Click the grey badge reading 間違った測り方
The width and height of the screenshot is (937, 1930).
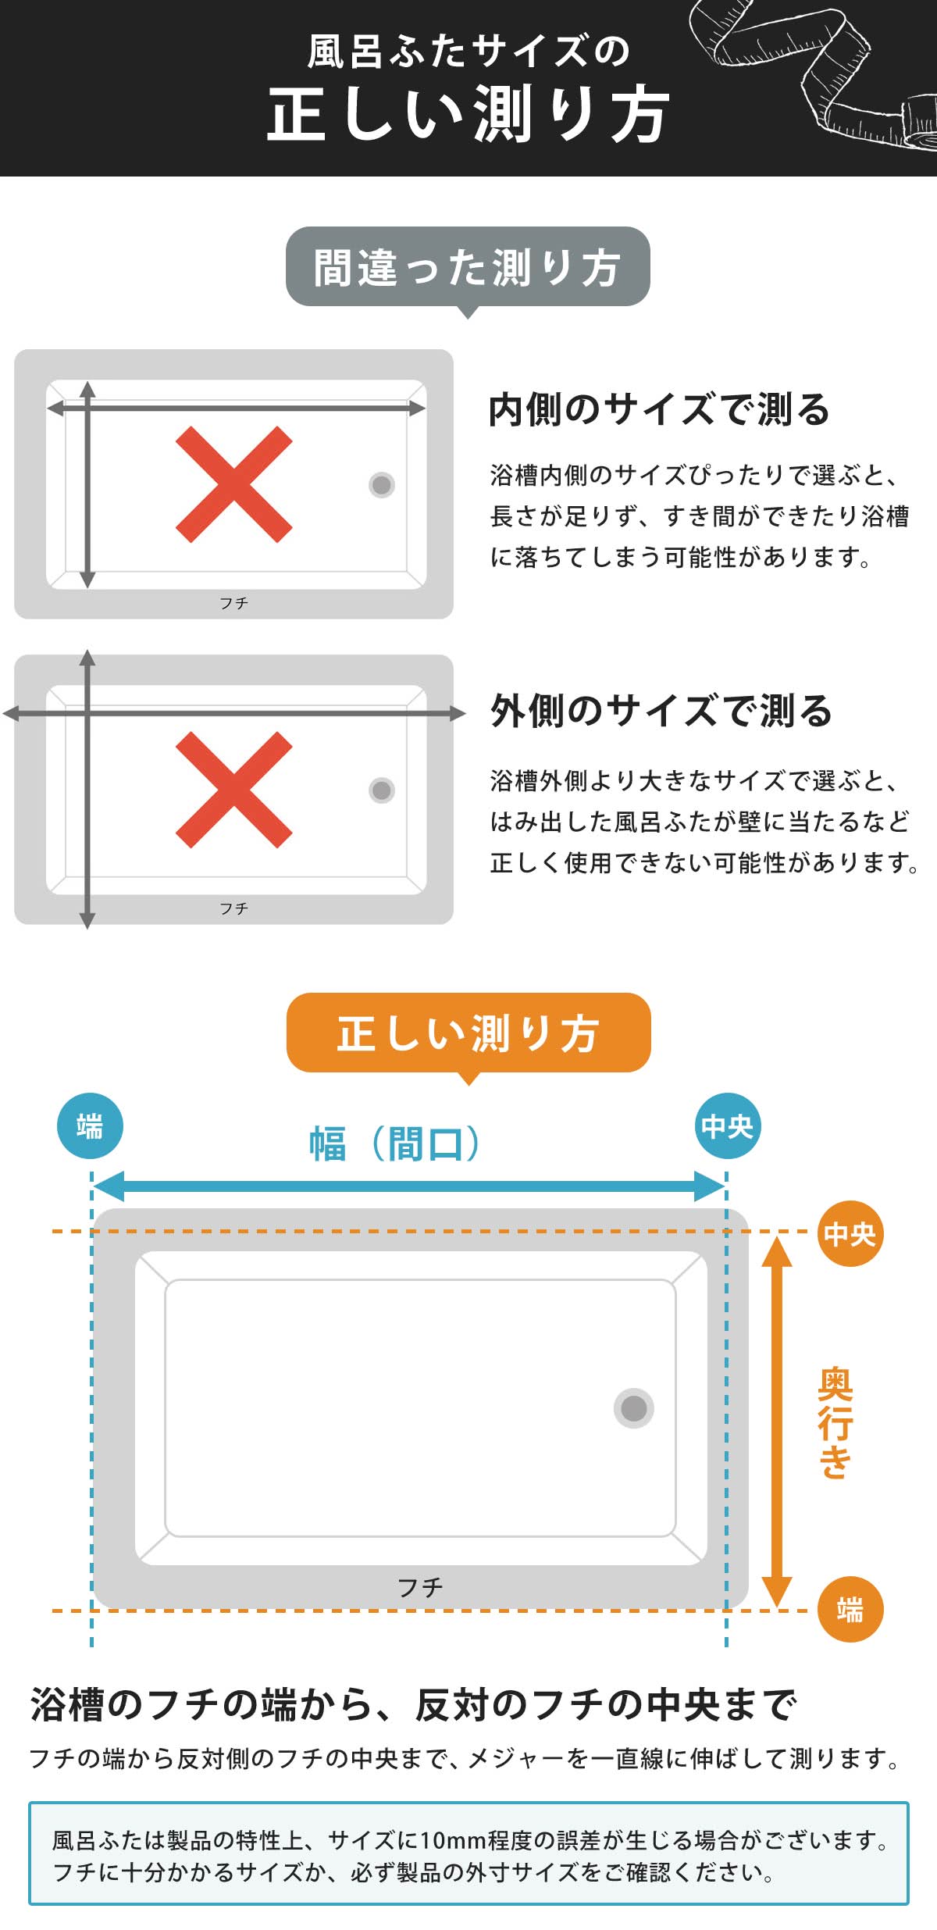pyautogui.click(x=468, y=266)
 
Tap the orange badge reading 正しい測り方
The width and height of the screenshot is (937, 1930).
pyautogui.click(x=468, y=1033)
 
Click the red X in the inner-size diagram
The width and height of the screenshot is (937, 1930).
pyautogui.click(x=234, y=484)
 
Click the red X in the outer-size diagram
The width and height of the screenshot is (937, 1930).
pyautogui.click(x=234, y=790)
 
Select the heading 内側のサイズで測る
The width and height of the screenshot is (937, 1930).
pyautogui.click(x=659, y=409)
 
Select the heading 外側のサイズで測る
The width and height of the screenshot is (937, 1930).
pyautogui.click(x=661, y=711)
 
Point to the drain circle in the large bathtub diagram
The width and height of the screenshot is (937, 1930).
pyautogui.click(x=633, y=1408)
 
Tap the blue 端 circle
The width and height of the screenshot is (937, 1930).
pyautogui.click(x=90, y=1126)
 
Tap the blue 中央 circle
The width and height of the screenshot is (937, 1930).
pyautogui.click(x=727, y=1126)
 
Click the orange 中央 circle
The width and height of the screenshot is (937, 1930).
pyautogui.click(x=850, y=1233)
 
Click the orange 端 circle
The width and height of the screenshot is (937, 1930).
pyautogui.click(x=850, y=1609)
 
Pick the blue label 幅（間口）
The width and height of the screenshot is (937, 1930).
pyautogui.click(x=395, y=1144)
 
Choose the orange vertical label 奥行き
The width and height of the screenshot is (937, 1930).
pyautogui.click(x=835, y=1422)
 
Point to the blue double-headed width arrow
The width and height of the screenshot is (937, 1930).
pyautogui.click(x=409, y=1186)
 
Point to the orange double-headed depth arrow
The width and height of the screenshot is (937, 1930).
pyautogui.click(x=776, y=1422)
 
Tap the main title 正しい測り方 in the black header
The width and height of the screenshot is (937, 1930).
pyautogui.click(x=468, y=114)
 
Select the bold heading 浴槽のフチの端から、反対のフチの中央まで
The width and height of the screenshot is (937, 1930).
pyautogui.click(x=413, y=1705)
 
